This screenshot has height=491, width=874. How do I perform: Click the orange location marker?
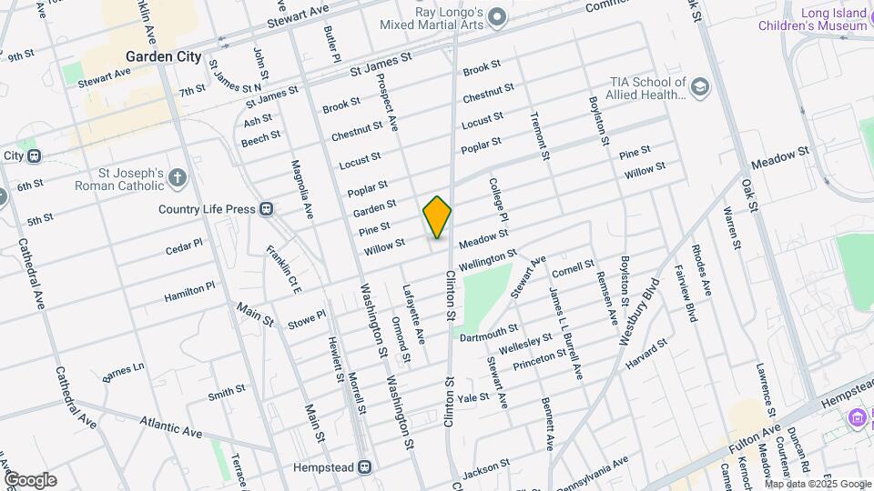tap(438, 217)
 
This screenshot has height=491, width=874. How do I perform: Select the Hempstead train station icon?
tap(364, 466)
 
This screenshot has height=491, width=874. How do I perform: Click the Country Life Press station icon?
tap(267, 209)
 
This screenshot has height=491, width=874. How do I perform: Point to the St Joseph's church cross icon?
tap(178, 178)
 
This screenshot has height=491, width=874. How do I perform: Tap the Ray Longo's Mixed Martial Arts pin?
tap(497, 16)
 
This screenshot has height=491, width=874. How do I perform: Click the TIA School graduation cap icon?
tap(699, 87)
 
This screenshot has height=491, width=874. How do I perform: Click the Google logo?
tap(29, 479)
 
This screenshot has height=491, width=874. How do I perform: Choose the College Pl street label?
tap(501, 199)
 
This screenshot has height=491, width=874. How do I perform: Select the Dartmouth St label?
tap(489, 333)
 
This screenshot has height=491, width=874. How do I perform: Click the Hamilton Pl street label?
tap(189, 291)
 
